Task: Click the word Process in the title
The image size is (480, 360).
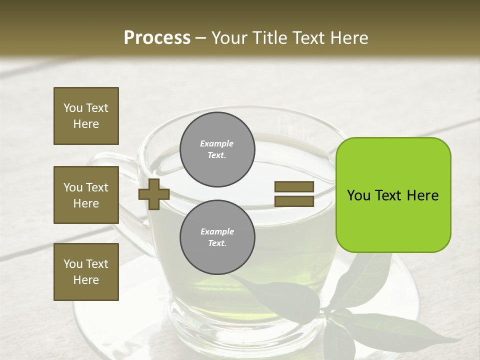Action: click(x=157, y=38)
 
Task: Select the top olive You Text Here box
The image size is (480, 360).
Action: click(x=86, y=116)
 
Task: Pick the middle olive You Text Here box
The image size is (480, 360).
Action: click(x=86, y=195)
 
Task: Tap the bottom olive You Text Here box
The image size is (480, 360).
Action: click(x=86, y=272)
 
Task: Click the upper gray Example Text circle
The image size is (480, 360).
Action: click(x=217, y=149)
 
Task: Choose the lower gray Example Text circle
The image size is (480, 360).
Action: click(x=217, y=237)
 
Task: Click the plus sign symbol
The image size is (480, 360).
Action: click(x=154, y=194)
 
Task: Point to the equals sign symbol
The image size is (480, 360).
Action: click(x=294, y=194)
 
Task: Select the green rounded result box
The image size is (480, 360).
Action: click(x=393, y=194)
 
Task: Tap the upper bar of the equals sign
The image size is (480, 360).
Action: click(x=294, y=187)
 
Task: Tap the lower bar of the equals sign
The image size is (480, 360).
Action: click(x=294, y=201)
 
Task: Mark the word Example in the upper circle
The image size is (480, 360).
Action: click(x=217, y=143)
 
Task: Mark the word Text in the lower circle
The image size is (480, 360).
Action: click(x=217, y=243)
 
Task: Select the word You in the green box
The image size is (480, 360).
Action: click(x=358, y=195)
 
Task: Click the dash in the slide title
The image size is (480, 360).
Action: click(x=201, y=38)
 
